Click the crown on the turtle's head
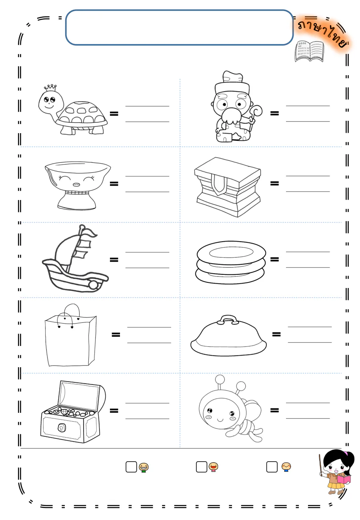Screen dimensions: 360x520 pos(50,88)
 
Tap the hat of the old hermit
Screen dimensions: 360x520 pos(232,82)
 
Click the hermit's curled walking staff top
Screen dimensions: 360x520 pos(257,111)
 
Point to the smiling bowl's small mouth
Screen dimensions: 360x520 pos(76,184)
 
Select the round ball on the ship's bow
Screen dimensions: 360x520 pos(93,285)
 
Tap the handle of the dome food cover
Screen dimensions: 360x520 pos(228,320)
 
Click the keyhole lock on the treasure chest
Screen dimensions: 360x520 pos(61,427)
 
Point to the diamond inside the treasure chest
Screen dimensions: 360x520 pos(64,412)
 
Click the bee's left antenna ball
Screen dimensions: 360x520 pos(220,379)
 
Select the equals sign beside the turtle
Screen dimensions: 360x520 pos(114,114)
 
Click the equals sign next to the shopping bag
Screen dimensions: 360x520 pos(116,334)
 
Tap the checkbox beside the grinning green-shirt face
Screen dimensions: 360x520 pos(131,467)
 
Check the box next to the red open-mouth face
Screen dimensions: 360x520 pos(202,467)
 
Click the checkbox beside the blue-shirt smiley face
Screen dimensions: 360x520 pos(272,467)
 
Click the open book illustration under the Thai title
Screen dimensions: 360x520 pos(310,51)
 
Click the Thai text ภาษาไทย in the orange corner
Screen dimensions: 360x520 pos(323,34)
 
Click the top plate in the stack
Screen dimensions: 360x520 pos(231,252)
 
